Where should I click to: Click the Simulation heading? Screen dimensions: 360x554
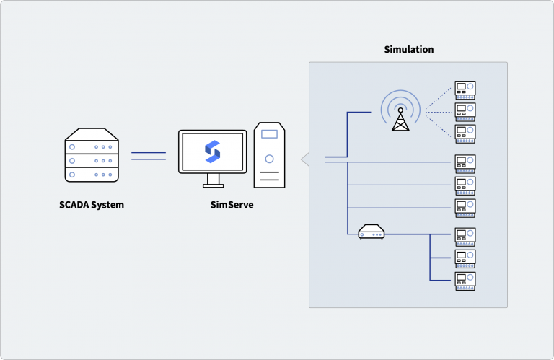[408, 50]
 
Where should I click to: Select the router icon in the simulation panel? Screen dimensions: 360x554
[371, 233]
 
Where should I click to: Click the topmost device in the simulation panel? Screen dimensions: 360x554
[465, 89]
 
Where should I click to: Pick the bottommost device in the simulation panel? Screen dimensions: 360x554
[465, 280]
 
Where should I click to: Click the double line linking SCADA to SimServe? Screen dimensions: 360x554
[149, 155]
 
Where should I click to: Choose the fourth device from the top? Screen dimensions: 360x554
[465, 162]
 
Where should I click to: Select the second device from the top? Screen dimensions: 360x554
[465, 111]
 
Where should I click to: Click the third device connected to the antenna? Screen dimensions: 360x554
[465, 133]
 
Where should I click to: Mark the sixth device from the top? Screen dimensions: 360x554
[465, 208]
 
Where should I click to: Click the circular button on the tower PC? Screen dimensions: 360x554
[269, 158]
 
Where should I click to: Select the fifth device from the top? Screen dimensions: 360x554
[465, 185]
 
